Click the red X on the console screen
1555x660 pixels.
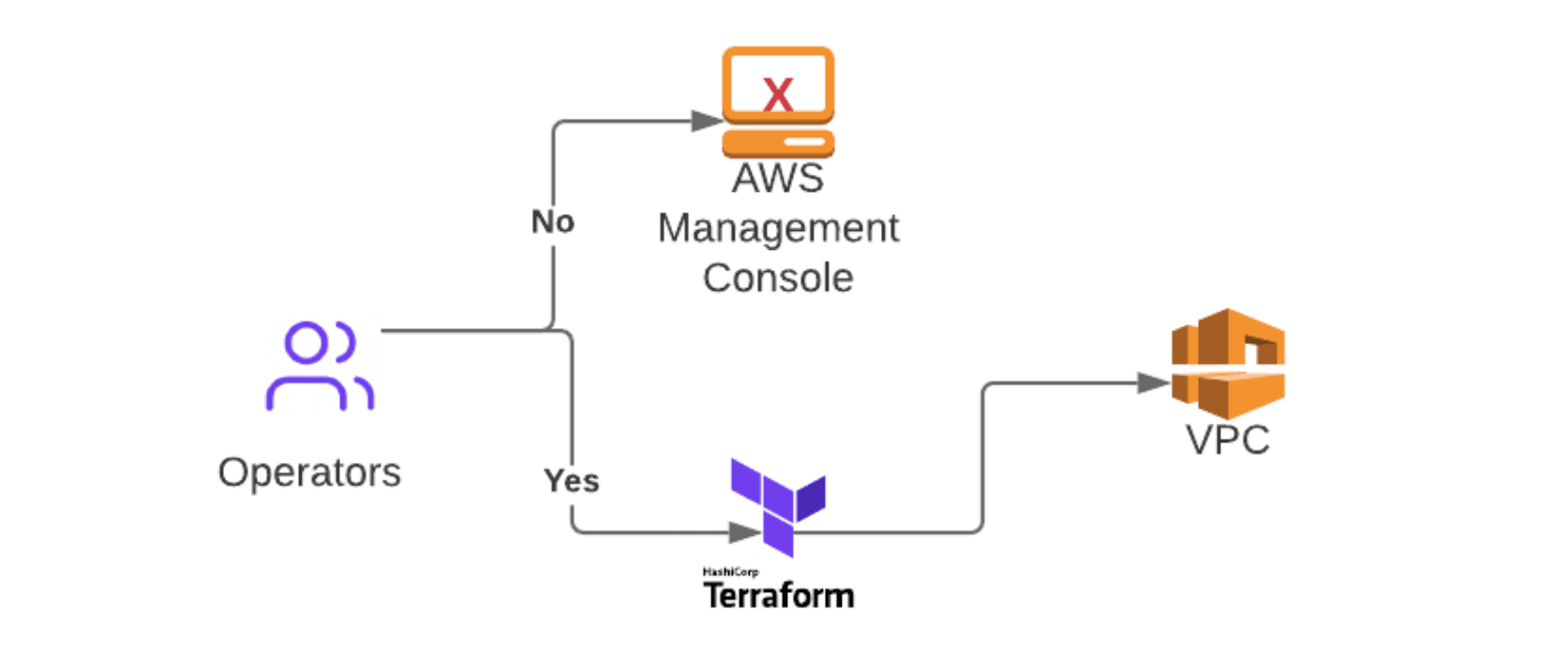777,94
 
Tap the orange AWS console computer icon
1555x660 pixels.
777,101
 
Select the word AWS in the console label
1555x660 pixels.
777,178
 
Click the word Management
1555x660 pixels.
777,228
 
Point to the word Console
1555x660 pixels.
777,278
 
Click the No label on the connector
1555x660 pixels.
553,222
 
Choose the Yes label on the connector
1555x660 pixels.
571,481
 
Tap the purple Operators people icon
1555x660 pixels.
320,366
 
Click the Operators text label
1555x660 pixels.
309,473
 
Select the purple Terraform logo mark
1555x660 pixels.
777,504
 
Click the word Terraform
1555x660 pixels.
778,596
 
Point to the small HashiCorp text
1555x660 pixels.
730,572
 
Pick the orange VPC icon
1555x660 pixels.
1227,363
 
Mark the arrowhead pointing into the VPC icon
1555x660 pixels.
1152,384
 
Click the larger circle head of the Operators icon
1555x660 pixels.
306,343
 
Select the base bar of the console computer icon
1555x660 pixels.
777,143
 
